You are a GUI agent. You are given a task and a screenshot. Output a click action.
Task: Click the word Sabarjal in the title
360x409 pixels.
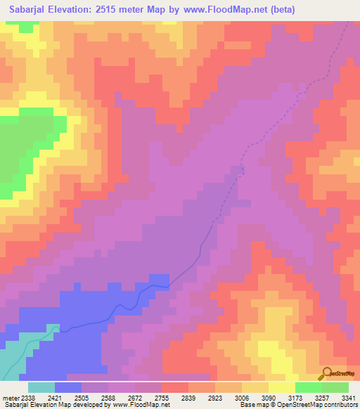click(x=32, y=10)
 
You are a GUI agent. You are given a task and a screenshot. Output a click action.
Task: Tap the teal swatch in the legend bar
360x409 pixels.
click(x=41, y=387)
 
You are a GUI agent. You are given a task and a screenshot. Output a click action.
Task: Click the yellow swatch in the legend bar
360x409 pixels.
click(x=282, y=387)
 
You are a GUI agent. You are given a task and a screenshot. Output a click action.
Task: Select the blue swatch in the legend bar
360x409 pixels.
click(x=68, y=387)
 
